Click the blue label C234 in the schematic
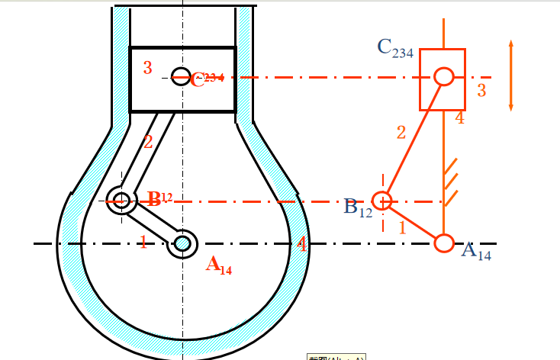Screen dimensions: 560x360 tap(395, 48)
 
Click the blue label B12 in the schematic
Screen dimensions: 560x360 tap(358, 207)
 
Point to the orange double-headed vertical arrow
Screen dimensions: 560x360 tap(511, 74)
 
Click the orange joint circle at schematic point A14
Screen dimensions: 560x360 tap(444, 243)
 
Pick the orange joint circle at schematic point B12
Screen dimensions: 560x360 tap(383, 201)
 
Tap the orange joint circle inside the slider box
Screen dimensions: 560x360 tap(444, 76)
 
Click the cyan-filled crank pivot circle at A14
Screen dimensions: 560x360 tap(183, 243)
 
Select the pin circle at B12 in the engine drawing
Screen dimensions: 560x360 tap(121, 201)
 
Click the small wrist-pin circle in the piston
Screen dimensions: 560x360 tap(180, 76)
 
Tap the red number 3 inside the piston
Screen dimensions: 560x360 tap(147, 68)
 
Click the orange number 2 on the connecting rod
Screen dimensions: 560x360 tap(148, 141)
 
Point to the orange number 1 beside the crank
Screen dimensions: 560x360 tap(142, 243)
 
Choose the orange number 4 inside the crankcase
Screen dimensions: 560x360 tap(302, 245)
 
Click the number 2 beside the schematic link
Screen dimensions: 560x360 tap(401, 132)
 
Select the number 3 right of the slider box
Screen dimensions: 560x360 tap(481, 91)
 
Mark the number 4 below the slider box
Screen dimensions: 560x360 tap(459, 118)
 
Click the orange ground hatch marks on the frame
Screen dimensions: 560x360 tap(450, 180)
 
